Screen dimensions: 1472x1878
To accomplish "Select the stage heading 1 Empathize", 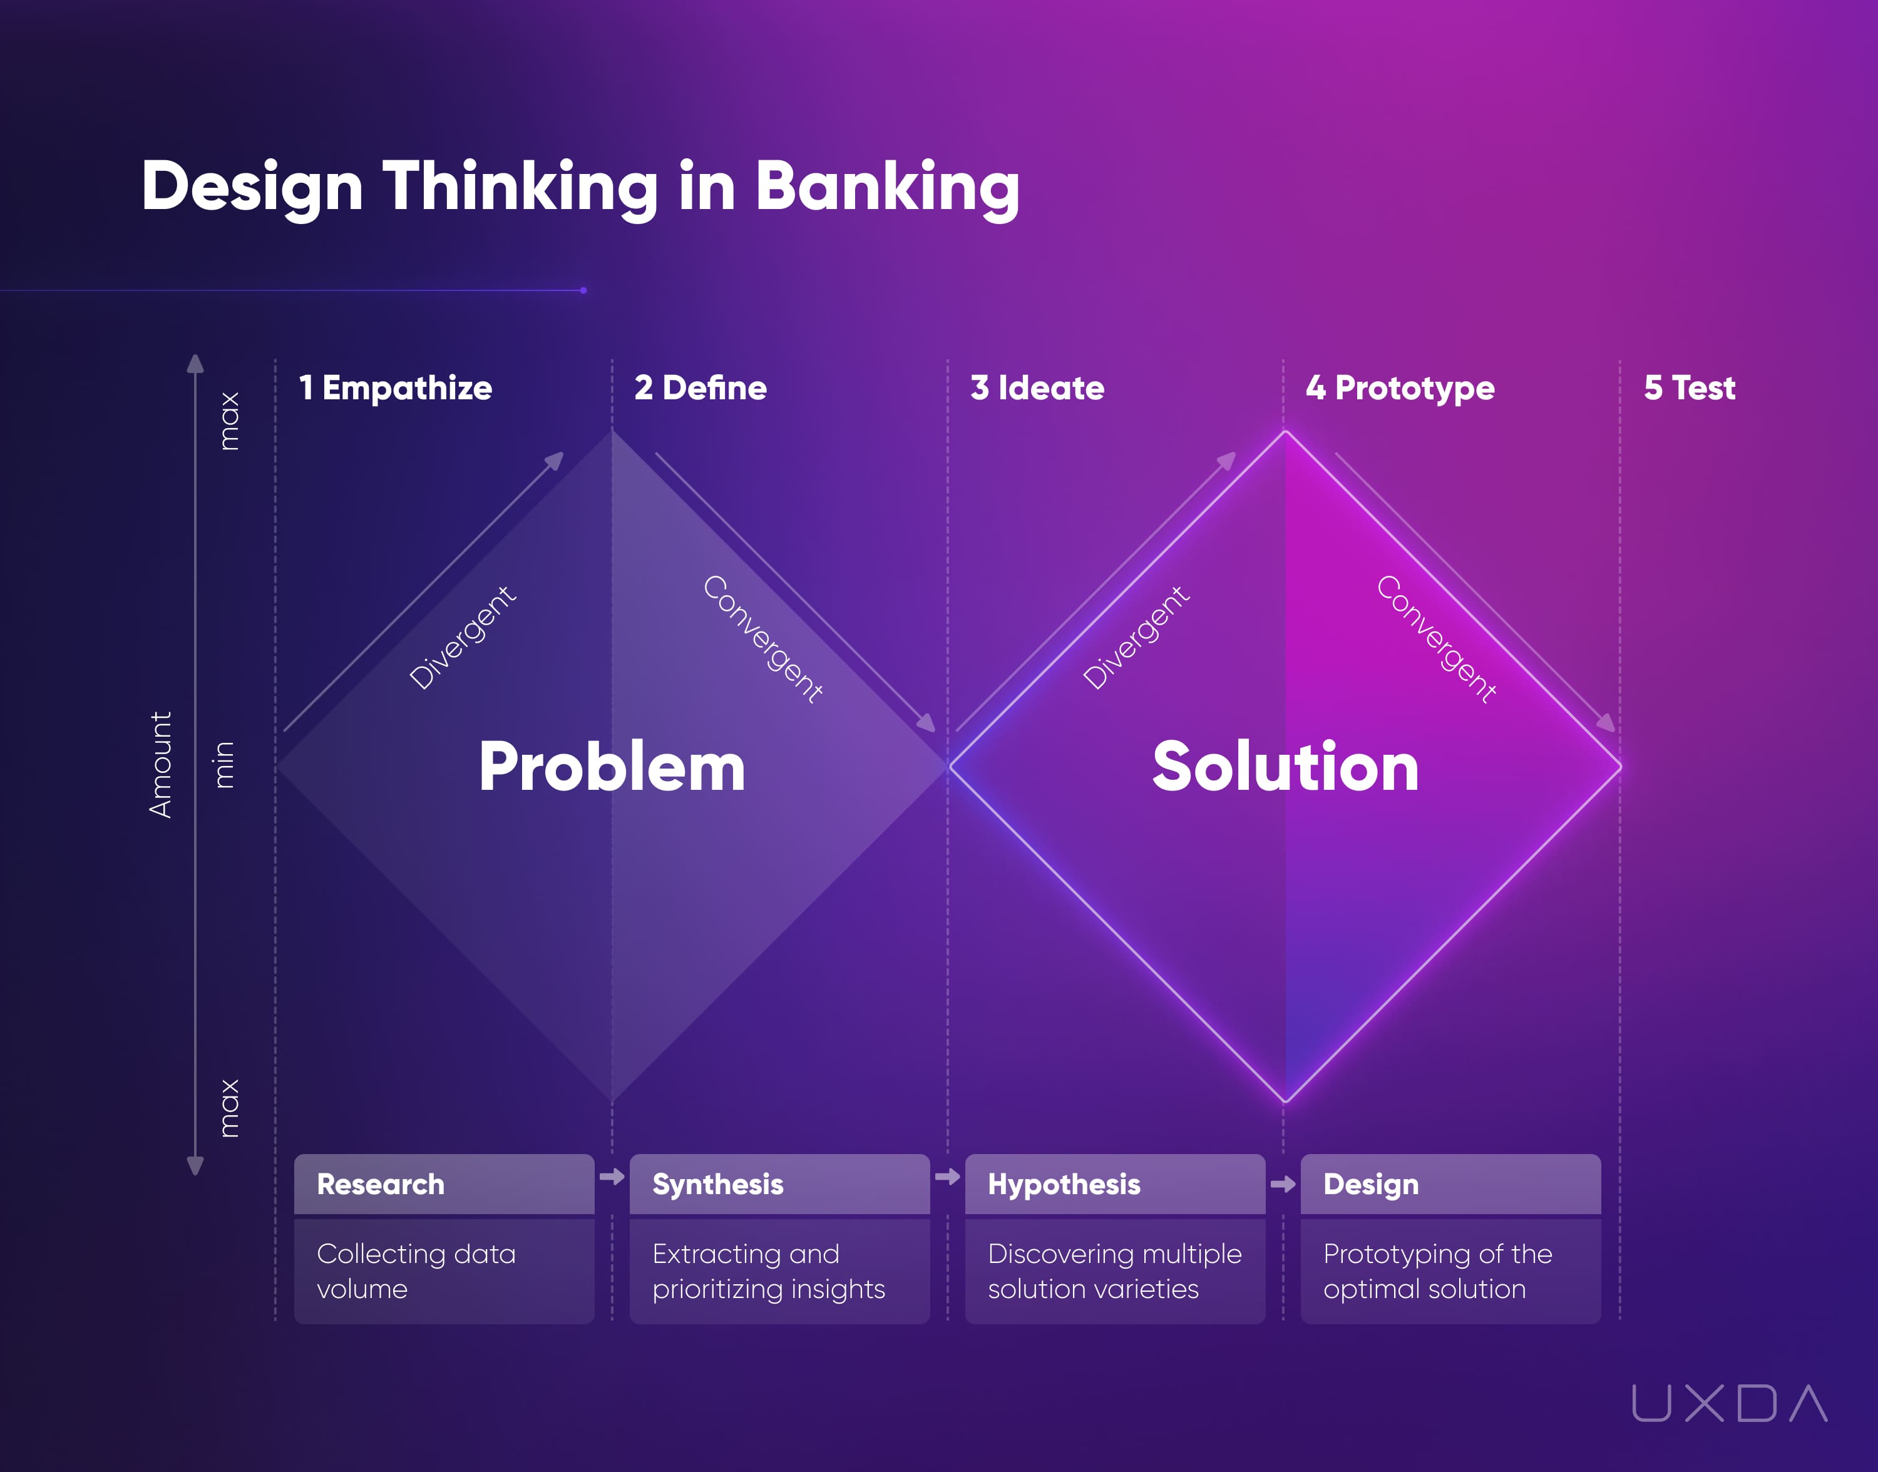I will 396,388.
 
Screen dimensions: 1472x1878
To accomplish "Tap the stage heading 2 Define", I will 700,388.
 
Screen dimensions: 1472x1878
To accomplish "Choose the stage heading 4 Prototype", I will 1400,388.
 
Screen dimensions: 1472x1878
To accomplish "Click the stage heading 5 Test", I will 1689,388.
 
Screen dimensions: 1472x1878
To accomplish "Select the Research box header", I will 381,1184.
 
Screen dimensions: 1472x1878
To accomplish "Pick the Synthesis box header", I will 718,1184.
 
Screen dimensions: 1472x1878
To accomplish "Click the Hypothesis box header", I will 1064,1184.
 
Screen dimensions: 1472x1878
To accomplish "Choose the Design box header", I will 1370,1184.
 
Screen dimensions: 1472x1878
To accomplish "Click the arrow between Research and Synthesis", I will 612,1177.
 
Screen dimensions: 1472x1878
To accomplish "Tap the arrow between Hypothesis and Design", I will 1283,1184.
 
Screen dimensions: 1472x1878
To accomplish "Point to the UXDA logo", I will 1729,1403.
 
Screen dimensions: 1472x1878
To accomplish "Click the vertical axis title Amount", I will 161,764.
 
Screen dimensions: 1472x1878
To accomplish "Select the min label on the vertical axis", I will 223,764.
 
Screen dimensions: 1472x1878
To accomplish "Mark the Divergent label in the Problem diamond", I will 463,638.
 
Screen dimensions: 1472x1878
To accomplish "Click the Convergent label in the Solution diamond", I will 1437,638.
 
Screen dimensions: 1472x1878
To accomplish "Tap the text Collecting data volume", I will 416,1270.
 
